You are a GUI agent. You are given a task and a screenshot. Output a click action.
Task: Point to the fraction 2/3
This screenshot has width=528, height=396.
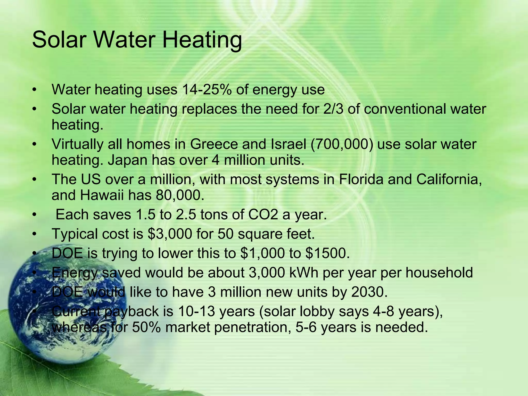[333, 109]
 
